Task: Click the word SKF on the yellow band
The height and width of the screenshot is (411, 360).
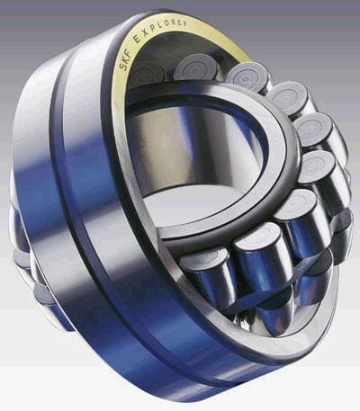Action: (123, 58)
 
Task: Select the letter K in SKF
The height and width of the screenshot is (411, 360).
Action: (123, 58)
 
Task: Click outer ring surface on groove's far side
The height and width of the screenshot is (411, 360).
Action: (36, 207)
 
